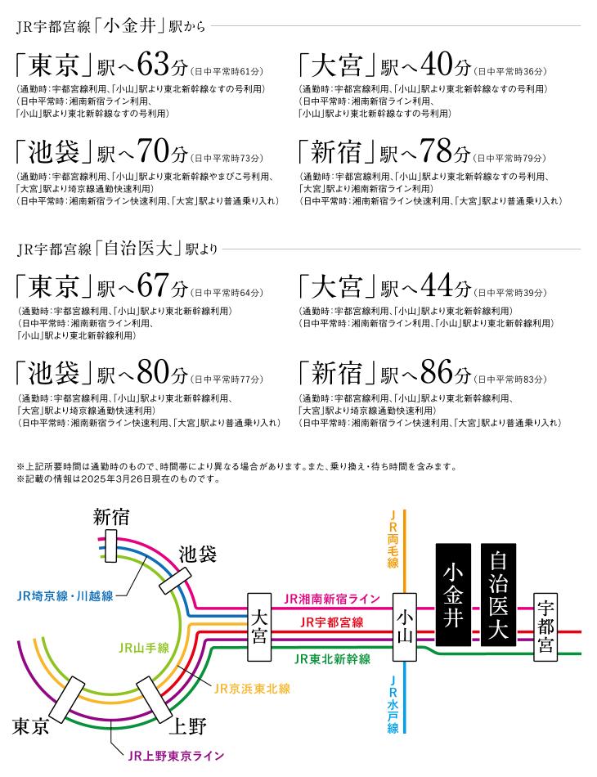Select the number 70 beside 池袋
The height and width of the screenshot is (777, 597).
pos(154,150)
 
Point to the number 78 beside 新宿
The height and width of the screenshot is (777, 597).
pos(437,150)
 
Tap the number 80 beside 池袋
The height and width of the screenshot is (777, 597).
pos(154,372)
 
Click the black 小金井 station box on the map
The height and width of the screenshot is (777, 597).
pos(453,595)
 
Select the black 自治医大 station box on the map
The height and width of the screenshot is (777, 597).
pos(498,595)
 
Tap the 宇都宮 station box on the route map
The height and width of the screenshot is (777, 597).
pos(545,627)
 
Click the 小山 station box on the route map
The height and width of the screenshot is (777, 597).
pos(405,627)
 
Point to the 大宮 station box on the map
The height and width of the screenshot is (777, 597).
pos(259,627)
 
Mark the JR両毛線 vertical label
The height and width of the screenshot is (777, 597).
pos(393,539)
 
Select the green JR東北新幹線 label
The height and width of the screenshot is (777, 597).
pos(332,659)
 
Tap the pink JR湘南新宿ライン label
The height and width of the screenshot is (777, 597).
pos(332,599)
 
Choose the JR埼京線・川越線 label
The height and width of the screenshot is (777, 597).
pos(65,595)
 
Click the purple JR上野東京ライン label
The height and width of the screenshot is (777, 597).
pos(176,756)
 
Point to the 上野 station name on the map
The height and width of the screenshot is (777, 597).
pos(188,727)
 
